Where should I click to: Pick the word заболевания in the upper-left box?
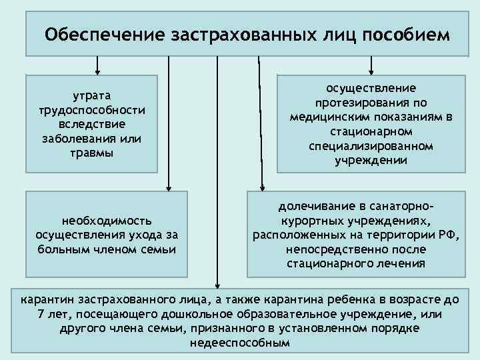tap(83, 139)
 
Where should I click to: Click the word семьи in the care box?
tap(159, 249)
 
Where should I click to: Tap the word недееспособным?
tap(240, 343)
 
